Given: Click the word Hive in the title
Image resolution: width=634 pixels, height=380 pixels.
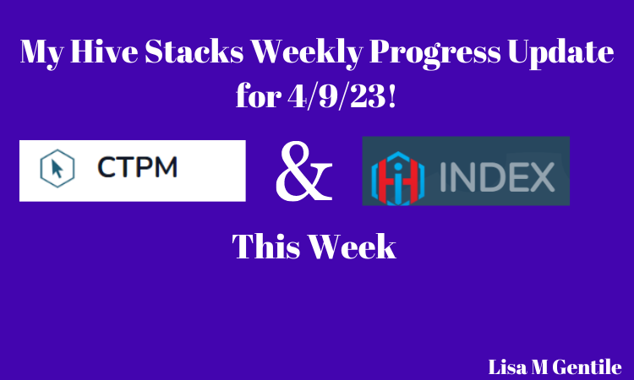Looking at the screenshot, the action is click(x=104, y=52).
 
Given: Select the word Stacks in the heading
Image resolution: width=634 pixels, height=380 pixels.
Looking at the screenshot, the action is click(x=194, y=52).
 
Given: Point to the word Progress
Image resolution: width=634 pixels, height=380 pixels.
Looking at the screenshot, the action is click(x=435, y=54).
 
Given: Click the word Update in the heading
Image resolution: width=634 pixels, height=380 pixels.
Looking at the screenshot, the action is click(x=560, y=54).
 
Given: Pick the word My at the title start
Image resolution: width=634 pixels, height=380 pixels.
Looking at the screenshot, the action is click(x=41, y=54).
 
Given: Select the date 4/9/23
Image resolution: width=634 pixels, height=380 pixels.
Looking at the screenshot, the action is click(x=336, y=96).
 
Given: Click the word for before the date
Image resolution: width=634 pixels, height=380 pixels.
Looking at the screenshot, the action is click(x=259, y=95).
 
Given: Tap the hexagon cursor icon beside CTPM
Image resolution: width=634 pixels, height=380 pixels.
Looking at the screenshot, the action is click(x=57, y=168).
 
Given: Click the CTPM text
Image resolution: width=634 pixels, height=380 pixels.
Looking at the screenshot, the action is click(x=138, y=167).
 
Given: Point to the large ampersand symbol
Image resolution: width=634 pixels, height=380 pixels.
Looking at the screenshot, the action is click(x=304, y=171).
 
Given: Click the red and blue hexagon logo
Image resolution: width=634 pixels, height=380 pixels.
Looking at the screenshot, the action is click(x=398, y=178).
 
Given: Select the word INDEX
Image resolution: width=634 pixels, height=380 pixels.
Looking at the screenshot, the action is click(x=497, y=176).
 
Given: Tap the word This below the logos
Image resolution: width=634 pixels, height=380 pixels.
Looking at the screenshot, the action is click(x=266, y=246).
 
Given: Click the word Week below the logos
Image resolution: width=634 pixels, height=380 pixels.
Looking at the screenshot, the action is click(x=353, y=246).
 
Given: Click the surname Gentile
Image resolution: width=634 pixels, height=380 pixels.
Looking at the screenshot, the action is click(x=588, y=367).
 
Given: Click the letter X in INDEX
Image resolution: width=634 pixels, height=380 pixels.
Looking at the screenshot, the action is click(x=541, y=176).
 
